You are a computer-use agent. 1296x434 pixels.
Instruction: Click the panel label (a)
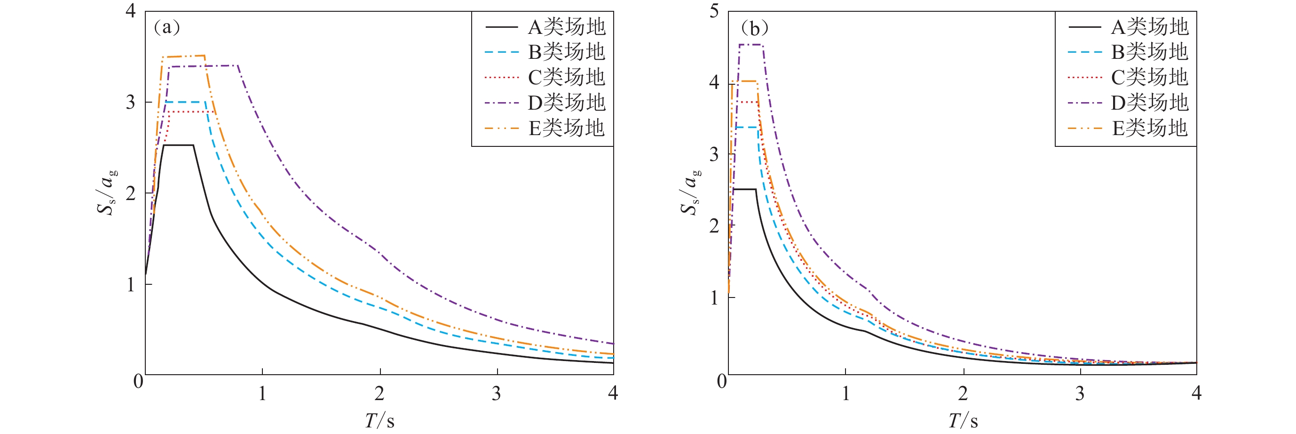point(166,27)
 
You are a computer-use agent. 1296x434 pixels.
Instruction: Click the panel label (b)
point(754,28)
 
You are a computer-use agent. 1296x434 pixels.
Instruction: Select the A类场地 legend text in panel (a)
point(567,27)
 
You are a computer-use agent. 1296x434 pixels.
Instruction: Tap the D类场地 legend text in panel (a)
point(567,103)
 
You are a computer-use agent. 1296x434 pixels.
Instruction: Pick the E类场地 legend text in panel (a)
point(567,129)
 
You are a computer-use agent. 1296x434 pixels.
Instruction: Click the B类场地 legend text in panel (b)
point(1150,52)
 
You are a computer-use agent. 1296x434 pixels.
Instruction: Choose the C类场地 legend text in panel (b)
point(1150,78)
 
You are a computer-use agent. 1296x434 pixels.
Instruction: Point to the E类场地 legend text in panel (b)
point(1150,129)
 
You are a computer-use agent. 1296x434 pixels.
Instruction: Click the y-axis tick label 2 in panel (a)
point(131,193)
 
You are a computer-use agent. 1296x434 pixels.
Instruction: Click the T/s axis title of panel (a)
point(379,420)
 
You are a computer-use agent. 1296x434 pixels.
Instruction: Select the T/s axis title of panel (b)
point(963,420)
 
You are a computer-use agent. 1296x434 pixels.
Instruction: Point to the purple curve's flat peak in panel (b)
point(751,45)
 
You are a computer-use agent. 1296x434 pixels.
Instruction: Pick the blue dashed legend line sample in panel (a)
point(501,52)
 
